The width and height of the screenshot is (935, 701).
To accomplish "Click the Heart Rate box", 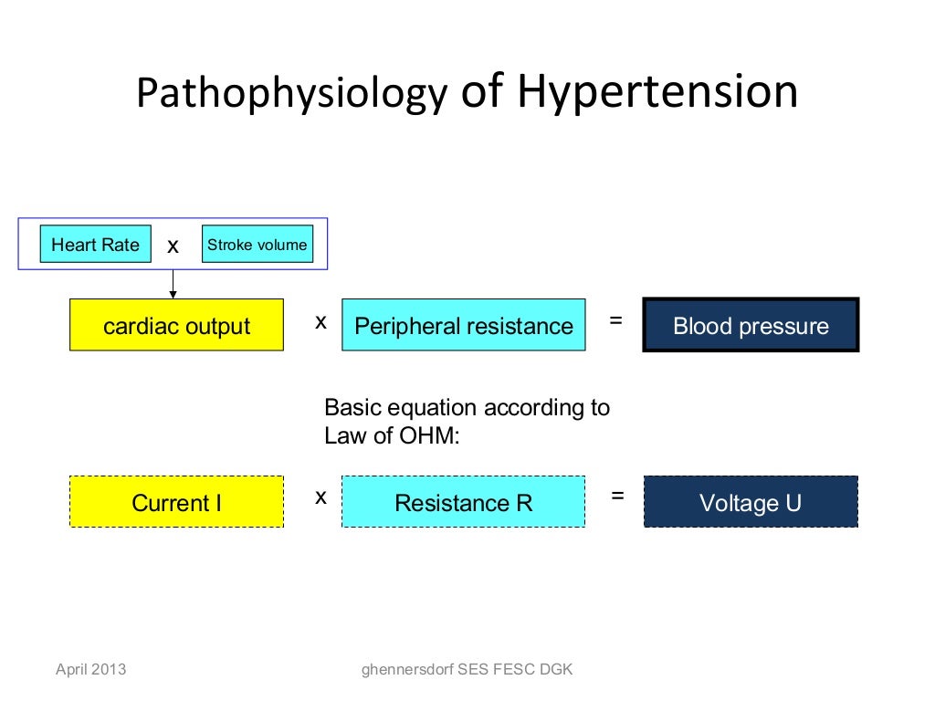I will pos(95,245).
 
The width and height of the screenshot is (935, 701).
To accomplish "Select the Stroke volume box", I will pos(257,245).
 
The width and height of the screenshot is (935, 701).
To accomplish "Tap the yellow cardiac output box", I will pos(176,326).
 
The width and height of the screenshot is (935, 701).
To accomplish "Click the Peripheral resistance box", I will pos(463,326).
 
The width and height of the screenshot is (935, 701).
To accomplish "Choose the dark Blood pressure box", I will pos(751,326).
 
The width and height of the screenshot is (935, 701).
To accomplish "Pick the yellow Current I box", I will pos(176,502).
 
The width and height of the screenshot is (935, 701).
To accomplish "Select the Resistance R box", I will pos(463,502).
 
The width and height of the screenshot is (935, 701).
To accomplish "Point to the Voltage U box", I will pos(751,502).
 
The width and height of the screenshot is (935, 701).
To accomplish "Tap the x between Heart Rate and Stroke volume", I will pos(173,246).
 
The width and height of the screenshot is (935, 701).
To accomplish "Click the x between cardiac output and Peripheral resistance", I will pos(320,321).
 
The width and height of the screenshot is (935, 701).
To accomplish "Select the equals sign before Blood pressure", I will pos(616,320).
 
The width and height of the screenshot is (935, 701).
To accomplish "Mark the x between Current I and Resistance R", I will pos(320,497).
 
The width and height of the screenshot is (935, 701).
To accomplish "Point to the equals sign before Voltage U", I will pos(618,496).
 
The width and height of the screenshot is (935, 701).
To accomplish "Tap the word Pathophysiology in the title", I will pos(292,94).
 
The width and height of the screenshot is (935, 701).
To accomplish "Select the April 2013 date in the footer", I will pos(91,670).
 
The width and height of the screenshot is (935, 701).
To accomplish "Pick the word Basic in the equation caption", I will pos(350,407).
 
